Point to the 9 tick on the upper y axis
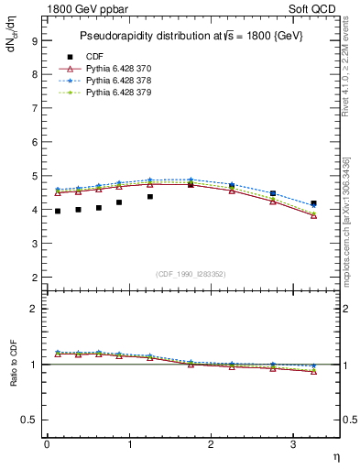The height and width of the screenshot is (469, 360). [x=34, y=40]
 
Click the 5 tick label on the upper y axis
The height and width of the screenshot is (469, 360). [x=34, y=176]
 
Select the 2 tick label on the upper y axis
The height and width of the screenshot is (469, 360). [x=34, y=277]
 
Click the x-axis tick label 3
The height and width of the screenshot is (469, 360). [x=292, y=444]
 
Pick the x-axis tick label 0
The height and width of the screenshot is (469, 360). [x=47, y=444]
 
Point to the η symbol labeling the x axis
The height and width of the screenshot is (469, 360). [x=335, y=455]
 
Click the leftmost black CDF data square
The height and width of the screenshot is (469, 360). [x=58, y=211]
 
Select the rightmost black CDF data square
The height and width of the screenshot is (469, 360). [x=313, y=203]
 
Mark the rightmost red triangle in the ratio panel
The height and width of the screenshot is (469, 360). [x=313, y=371]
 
